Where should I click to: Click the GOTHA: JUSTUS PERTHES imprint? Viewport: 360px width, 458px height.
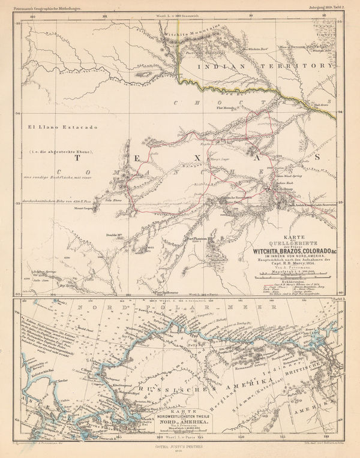181,447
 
